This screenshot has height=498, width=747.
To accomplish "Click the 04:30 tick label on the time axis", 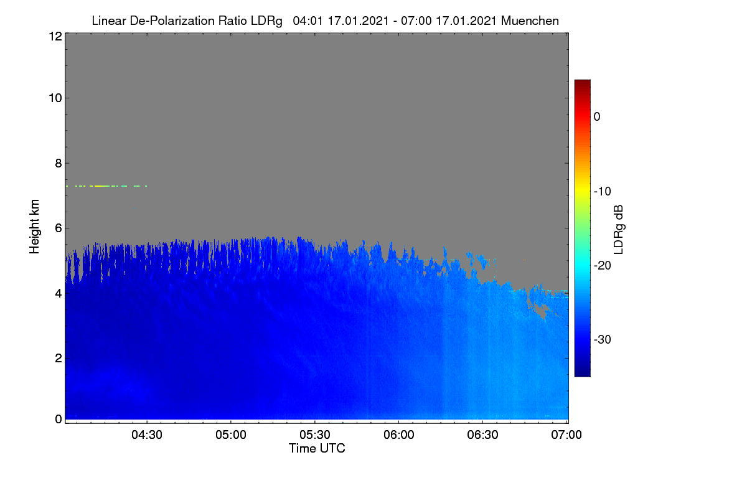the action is coord(147,435).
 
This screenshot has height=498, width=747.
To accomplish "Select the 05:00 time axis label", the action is coord(231,435).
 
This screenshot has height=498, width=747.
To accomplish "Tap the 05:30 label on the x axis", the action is coord(315,435).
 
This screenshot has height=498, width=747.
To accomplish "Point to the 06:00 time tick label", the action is coord(399,435).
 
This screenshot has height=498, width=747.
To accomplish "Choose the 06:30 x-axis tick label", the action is coord(482,435).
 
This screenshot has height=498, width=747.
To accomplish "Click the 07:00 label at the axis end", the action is coord(566,435).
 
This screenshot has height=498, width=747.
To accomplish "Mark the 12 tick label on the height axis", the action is coord(55,36).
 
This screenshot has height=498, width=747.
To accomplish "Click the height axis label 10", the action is coord(55,98).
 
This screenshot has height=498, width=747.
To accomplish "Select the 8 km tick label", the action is coord(59,163).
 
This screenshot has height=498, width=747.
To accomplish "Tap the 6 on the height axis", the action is coord(59,228).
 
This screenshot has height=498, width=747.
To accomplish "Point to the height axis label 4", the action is coord(59,294).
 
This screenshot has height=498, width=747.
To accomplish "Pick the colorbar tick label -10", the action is coord(603,192).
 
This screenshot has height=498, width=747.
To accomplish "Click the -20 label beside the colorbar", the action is coord(603,266).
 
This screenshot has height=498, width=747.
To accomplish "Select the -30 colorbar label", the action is coord(603,339).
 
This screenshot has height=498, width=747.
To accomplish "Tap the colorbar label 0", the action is coord(597,117).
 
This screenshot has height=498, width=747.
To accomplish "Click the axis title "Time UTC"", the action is coord(317,448).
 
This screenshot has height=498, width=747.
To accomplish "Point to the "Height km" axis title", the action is coord(34,227).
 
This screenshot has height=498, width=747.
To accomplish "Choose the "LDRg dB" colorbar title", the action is coord(619,230).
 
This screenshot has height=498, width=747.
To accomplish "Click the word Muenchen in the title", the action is coord(530,21).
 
